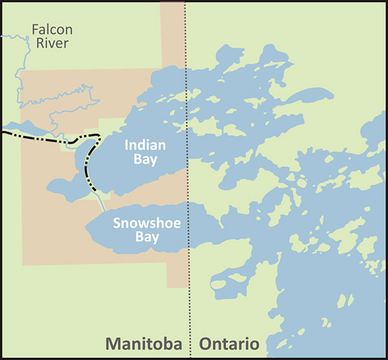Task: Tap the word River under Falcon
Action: point(52,44)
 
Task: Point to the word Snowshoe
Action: point(146,224)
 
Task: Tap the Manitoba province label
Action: point(142,343)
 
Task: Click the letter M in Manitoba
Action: point(114,343)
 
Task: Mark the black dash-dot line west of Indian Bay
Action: point(39,137)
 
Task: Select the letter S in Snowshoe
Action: point(117,224)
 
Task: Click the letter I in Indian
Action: point(127,145)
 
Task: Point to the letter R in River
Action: point(39,44)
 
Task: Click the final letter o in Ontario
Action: point(253,343)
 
